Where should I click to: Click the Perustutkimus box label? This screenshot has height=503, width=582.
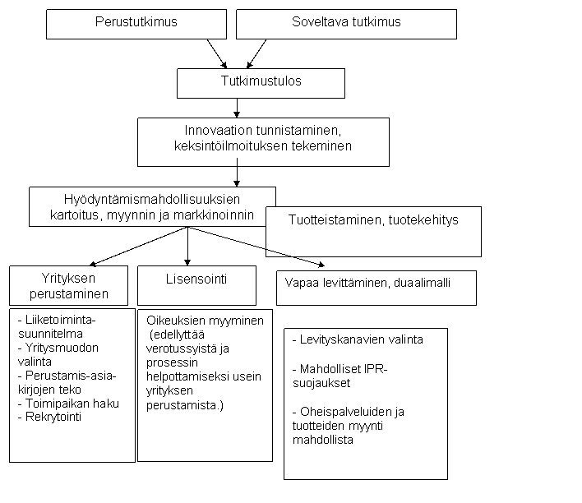click(136, 22)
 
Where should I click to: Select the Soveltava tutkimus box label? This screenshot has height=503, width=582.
click(346, 22)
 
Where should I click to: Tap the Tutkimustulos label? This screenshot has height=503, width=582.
click(261, 81)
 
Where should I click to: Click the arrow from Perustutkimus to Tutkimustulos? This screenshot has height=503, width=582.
click(217, 53)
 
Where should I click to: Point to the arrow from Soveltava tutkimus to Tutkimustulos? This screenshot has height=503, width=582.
click(256, 53)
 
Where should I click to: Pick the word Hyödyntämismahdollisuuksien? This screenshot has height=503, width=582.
click(152, 200)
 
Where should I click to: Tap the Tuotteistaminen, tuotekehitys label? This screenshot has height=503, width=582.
click(373, 220)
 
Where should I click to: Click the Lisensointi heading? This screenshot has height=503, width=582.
click(196, 279)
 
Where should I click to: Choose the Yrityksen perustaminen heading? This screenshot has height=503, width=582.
click(69, 286)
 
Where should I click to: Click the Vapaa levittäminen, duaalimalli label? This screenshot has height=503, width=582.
click(367, 283)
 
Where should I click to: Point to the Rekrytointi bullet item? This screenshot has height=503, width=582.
click(49, 417)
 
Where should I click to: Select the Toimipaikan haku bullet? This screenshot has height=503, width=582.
click(68, 404)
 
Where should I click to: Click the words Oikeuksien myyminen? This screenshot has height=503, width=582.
click(205, 321)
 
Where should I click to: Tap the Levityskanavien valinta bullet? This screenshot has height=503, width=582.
click(358, 339)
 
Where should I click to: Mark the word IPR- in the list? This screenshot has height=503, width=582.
click(376, 369)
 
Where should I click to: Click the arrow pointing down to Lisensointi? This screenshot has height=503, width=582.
click(187, 246)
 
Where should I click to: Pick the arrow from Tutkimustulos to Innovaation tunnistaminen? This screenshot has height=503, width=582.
click(237, 108)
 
